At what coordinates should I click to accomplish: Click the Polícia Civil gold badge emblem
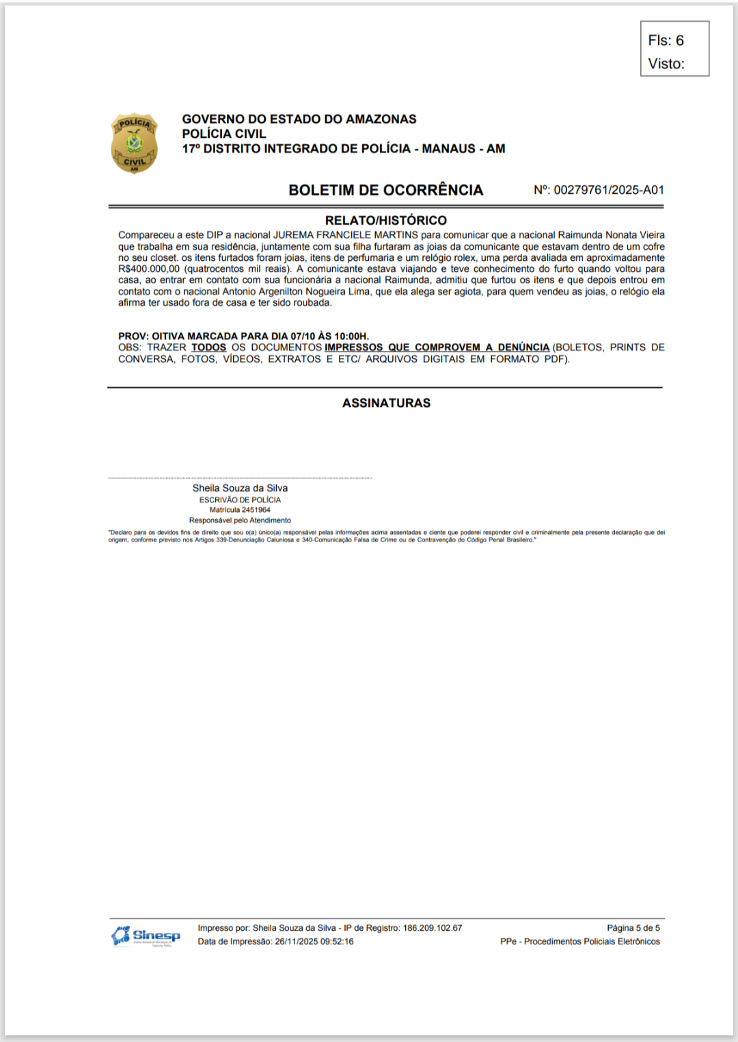pyautogui.click(x=135, y=143)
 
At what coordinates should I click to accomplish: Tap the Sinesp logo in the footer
pyautogui.click(x=146, y=935)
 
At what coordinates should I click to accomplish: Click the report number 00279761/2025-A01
pyautogui.click(x=609, y=190)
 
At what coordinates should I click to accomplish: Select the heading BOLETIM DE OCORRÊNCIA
pyautogui.click(x=385, y=190)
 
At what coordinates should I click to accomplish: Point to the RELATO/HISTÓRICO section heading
pyautogui.click(x=385, y=220)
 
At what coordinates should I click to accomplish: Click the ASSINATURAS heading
pyautogui.click(x=386, y=403)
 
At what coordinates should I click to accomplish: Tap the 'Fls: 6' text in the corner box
pyautogui.click(x=666, y=40)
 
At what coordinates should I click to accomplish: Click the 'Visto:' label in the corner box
pyautogui.click(x=666, y=64)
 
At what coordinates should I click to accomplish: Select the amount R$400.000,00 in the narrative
pyautogui.click(x=149, y=269)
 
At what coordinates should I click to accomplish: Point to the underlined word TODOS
pyautogui.click(x=208, y=348)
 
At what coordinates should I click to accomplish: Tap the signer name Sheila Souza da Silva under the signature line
pyautogui.click(x=240, y=488)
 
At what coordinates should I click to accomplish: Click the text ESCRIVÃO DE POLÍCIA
pyautogui.click(x=240, y=500)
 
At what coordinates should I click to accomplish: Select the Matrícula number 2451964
pyautogui.click(x=255, y=510)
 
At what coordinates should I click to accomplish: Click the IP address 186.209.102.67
pyautogui.click(x=433, y=928)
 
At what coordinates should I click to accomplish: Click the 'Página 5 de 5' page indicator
pyautogui.click(x=633, y=928)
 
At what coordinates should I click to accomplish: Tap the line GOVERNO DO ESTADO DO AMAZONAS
pyautogui.click(x=299, y=119)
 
